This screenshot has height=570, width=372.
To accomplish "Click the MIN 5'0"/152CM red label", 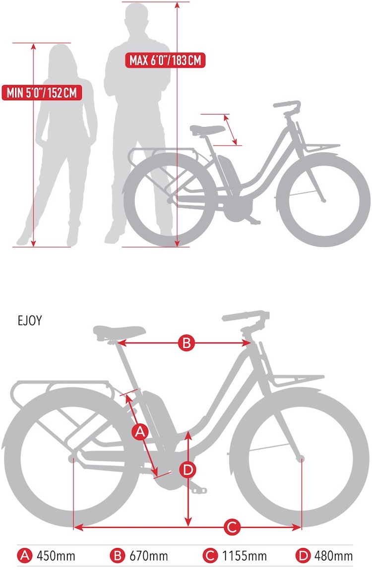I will [42, 92].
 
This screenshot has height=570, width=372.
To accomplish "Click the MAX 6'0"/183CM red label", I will [166, 61].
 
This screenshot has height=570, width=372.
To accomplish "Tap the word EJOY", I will [30, 320].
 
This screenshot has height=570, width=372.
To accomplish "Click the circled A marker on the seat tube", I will [140, 432].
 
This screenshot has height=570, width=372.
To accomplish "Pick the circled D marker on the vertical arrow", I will [187, 469].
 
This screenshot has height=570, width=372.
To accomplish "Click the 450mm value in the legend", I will [56, 556].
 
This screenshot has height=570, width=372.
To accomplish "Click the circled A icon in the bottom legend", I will [25, 556].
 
